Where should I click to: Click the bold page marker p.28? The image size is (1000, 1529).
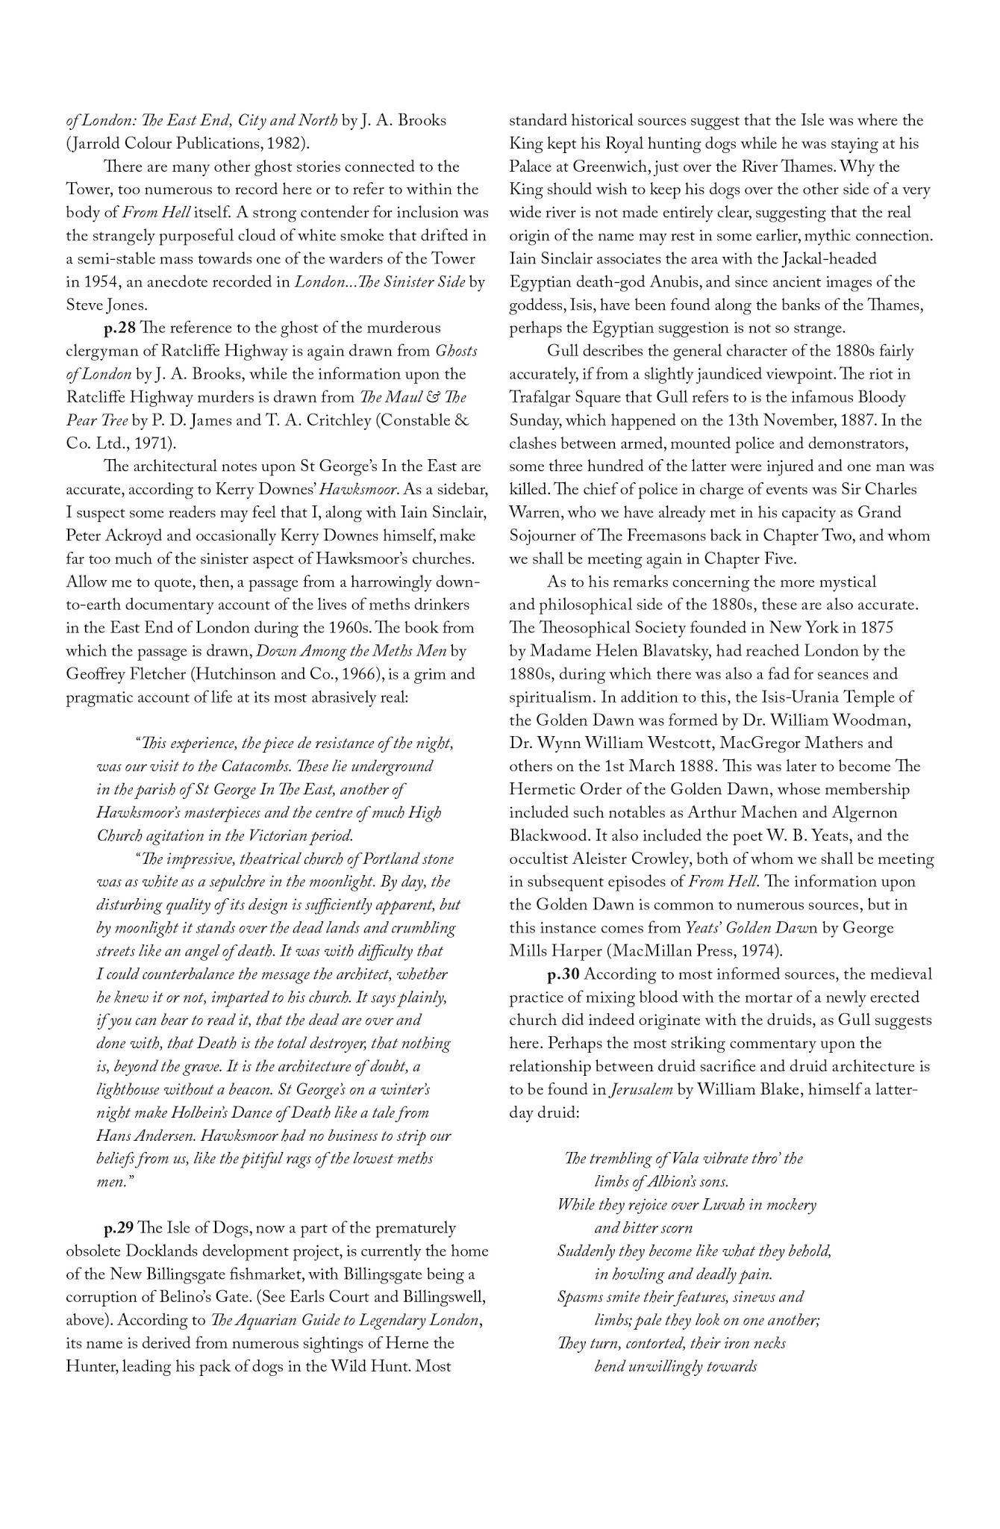(119, 328)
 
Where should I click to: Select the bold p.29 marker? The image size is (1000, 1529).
(119, 1228)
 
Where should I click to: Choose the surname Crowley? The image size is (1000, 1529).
(672, 859)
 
